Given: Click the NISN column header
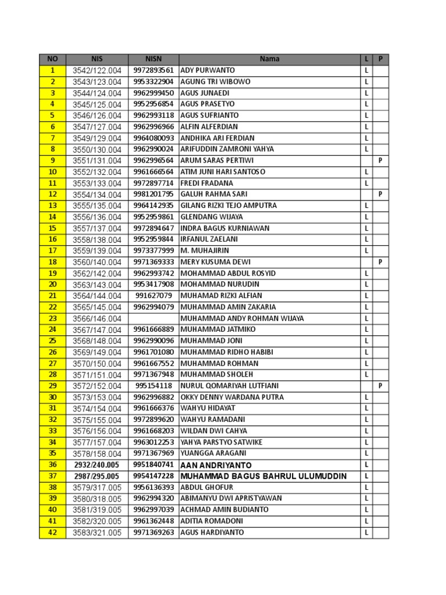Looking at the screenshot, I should [153, 59].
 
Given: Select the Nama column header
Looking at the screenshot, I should [269, 59].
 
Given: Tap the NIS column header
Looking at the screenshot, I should [97, 59].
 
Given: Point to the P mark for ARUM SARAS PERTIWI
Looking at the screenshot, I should [380, 160].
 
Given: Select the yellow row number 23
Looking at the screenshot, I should [53, 318].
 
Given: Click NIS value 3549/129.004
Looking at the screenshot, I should [97, 138].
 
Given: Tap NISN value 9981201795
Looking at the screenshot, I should [153, 194].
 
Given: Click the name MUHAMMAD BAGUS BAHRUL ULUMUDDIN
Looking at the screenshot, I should [264, 476].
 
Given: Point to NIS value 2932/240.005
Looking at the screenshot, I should [97, 465].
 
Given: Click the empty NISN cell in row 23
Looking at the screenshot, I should [153, 318].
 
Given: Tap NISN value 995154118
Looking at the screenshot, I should [153, 386].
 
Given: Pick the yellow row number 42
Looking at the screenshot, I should [53, 532].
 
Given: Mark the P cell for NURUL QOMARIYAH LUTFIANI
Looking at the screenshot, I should [380, 386].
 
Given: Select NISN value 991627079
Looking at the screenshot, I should [153, 296].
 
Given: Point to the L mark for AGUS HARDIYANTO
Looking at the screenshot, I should [366, 532].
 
